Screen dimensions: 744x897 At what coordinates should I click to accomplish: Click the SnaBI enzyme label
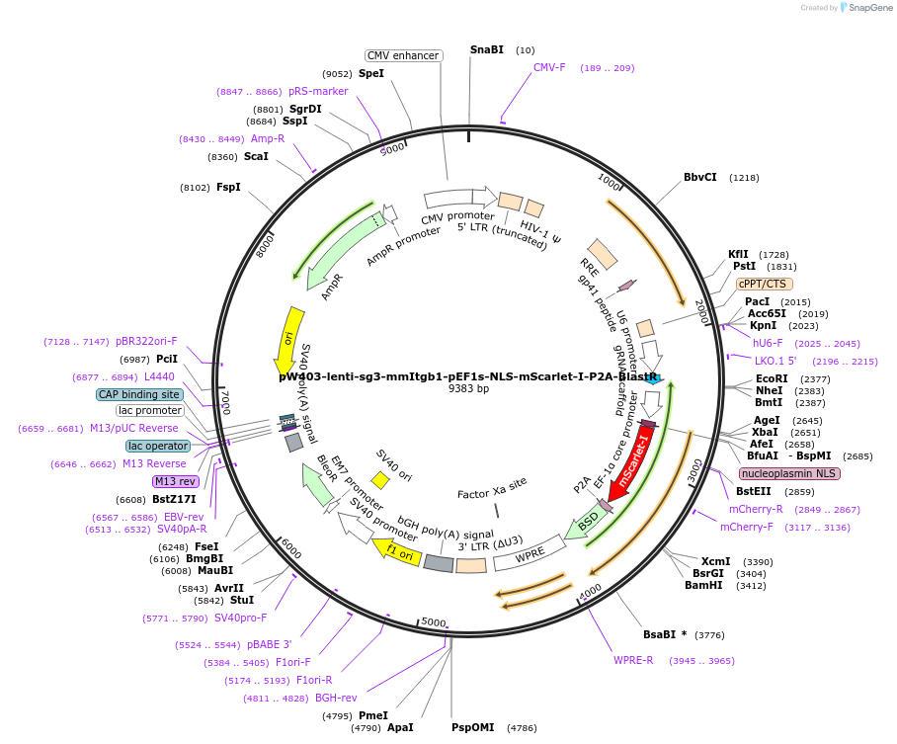pos(486,49)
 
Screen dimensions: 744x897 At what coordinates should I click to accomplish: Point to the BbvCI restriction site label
pos(700,178)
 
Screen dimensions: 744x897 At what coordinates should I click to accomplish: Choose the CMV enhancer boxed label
pos(403,55)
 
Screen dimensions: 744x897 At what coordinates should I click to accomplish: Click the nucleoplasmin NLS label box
pos(789,473)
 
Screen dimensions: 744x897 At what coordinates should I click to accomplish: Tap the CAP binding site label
pos(139,394)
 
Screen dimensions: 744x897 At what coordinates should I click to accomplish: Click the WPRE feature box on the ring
pos(530,555)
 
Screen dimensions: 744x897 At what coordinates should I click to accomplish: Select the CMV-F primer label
pos(549,67)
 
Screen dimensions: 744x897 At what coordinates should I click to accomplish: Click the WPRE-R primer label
pos(633,660)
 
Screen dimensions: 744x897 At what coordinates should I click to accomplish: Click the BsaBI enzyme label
pos(664,634)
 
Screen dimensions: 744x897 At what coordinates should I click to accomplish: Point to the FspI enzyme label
pos(228,187)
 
